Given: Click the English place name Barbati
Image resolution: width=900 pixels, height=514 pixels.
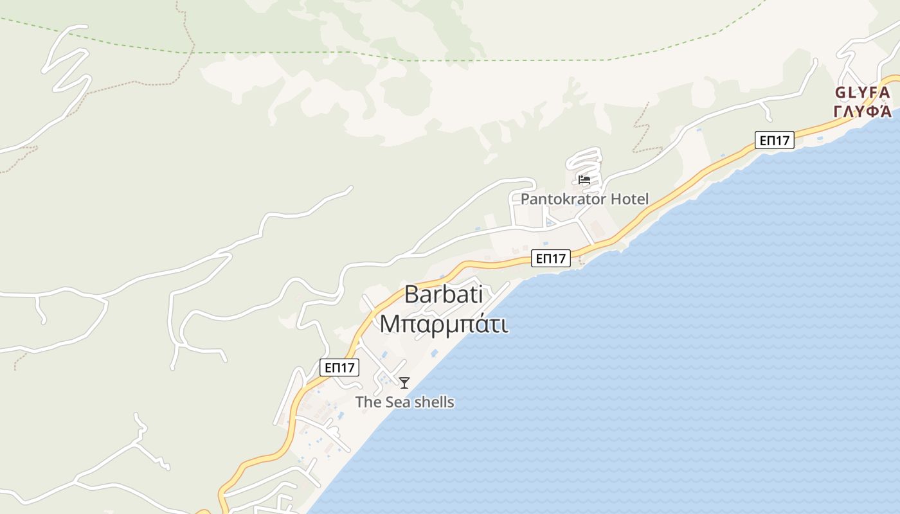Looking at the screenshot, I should (x=444, y=294).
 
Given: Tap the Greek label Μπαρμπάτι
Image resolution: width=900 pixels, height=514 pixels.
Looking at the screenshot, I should (x=444, y=324).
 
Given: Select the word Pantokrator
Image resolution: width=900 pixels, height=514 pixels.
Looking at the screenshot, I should (x=562, y=199).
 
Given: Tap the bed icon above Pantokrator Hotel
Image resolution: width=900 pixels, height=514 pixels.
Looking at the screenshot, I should (x=584, y=180).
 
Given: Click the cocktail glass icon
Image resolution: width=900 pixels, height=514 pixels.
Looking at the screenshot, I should (x=404, y=383).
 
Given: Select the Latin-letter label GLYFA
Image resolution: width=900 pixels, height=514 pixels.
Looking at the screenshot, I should (x=862, y=93).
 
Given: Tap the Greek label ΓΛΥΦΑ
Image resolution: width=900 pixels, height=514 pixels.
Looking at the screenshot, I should (x=862, y=111).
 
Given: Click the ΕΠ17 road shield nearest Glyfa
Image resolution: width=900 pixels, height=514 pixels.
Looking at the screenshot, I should (x=774, y=140).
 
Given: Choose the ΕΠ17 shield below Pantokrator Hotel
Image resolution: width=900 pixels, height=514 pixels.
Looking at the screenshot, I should (x=552, y=258).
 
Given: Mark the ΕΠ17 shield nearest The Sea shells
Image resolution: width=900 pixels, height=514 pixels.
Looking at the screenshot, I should (x=339, y=368).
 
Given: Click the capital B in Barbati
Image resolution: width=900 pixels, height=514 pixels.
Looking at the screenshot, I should (x=412, y=294).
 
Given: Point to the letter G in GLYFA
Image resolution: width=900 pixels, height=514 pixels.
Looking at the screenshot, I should (x=840, y=93).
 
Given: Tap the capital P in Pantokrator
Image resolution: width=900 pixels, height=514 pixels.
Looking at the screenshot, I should (x=525, y=199).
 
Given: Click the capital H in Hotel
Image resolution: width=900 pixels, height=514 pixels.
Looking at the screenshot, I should (x=615, y=199).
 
